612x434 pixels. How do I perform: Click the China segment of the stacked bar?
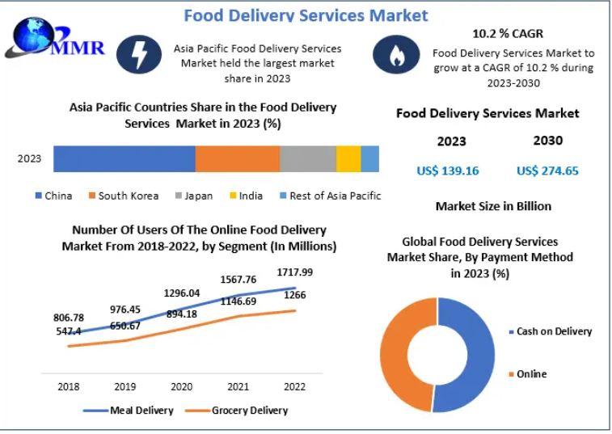point(125,159)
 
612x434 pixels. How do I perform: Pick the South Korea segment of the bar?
point(237,159)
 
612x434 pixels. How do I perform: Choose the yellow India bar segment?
point(348,159)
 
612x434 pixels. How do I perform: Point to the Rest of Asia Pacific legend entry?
point(329,196)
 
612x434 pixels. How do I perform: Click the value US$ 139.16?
point(448,171)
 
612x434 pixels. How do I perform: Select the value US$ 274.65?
point(547,171)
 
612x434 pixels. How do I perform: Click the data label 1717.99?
point(295,272)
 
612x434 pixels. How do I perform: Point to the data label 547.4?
point(69,331)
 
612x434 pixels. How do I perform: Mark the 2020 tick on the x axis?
point(181,386)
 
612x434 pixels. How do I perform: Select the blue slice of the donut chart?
point(469,356)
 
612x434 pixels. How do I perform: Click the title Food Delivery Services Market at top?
point(306,15)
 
